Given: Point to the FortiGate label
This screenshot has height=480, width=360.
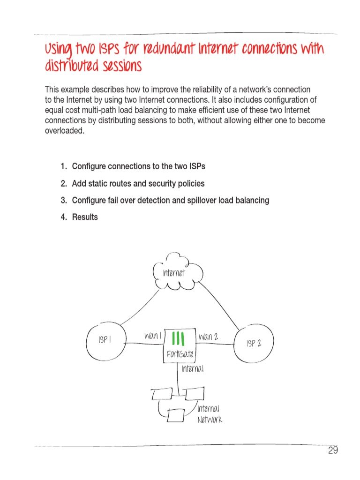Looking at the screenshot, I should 179,354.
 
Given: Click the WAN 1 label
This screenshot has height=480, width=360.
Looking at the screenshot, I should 153,336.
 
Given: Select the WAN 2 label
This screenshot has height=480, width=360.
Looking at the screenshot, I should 209,337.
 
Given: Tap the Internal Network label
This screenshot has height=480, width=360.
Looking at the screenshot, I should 209,414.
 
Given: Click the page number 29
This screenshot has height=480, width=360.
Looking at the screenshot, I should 333,450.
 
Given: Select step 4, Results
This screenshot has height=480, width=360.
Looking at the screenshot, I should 85,217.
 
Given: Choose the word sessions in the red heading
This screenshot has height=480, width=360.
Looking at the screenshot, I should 120,66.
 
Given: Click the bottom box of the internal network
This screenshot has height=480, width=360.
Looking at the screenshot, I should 177,415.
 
